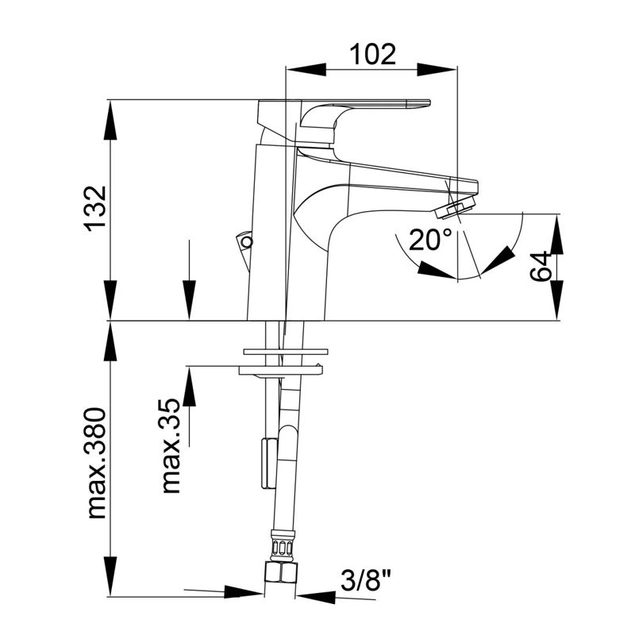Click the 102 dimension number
(372, 55)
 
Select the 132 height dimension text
(95, 209)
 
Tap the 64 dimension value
(541, 266)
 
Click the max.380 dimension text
(96, 464)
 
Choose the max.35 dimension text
(171, 446)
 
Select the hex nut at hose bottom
(279, 571)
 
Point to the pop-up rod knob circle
(246, 242)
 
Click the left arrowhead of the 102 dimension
(306, 69)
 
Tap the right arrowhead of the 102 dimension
(437, 69)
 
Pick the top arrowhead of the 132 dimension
(110, 120)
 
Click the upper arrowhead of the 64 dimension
(556, 234)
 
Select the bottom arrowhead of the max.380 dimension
(110, 576)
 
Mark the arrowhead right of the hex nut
(316, 597)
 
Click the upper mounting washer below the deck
(286, 352)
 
